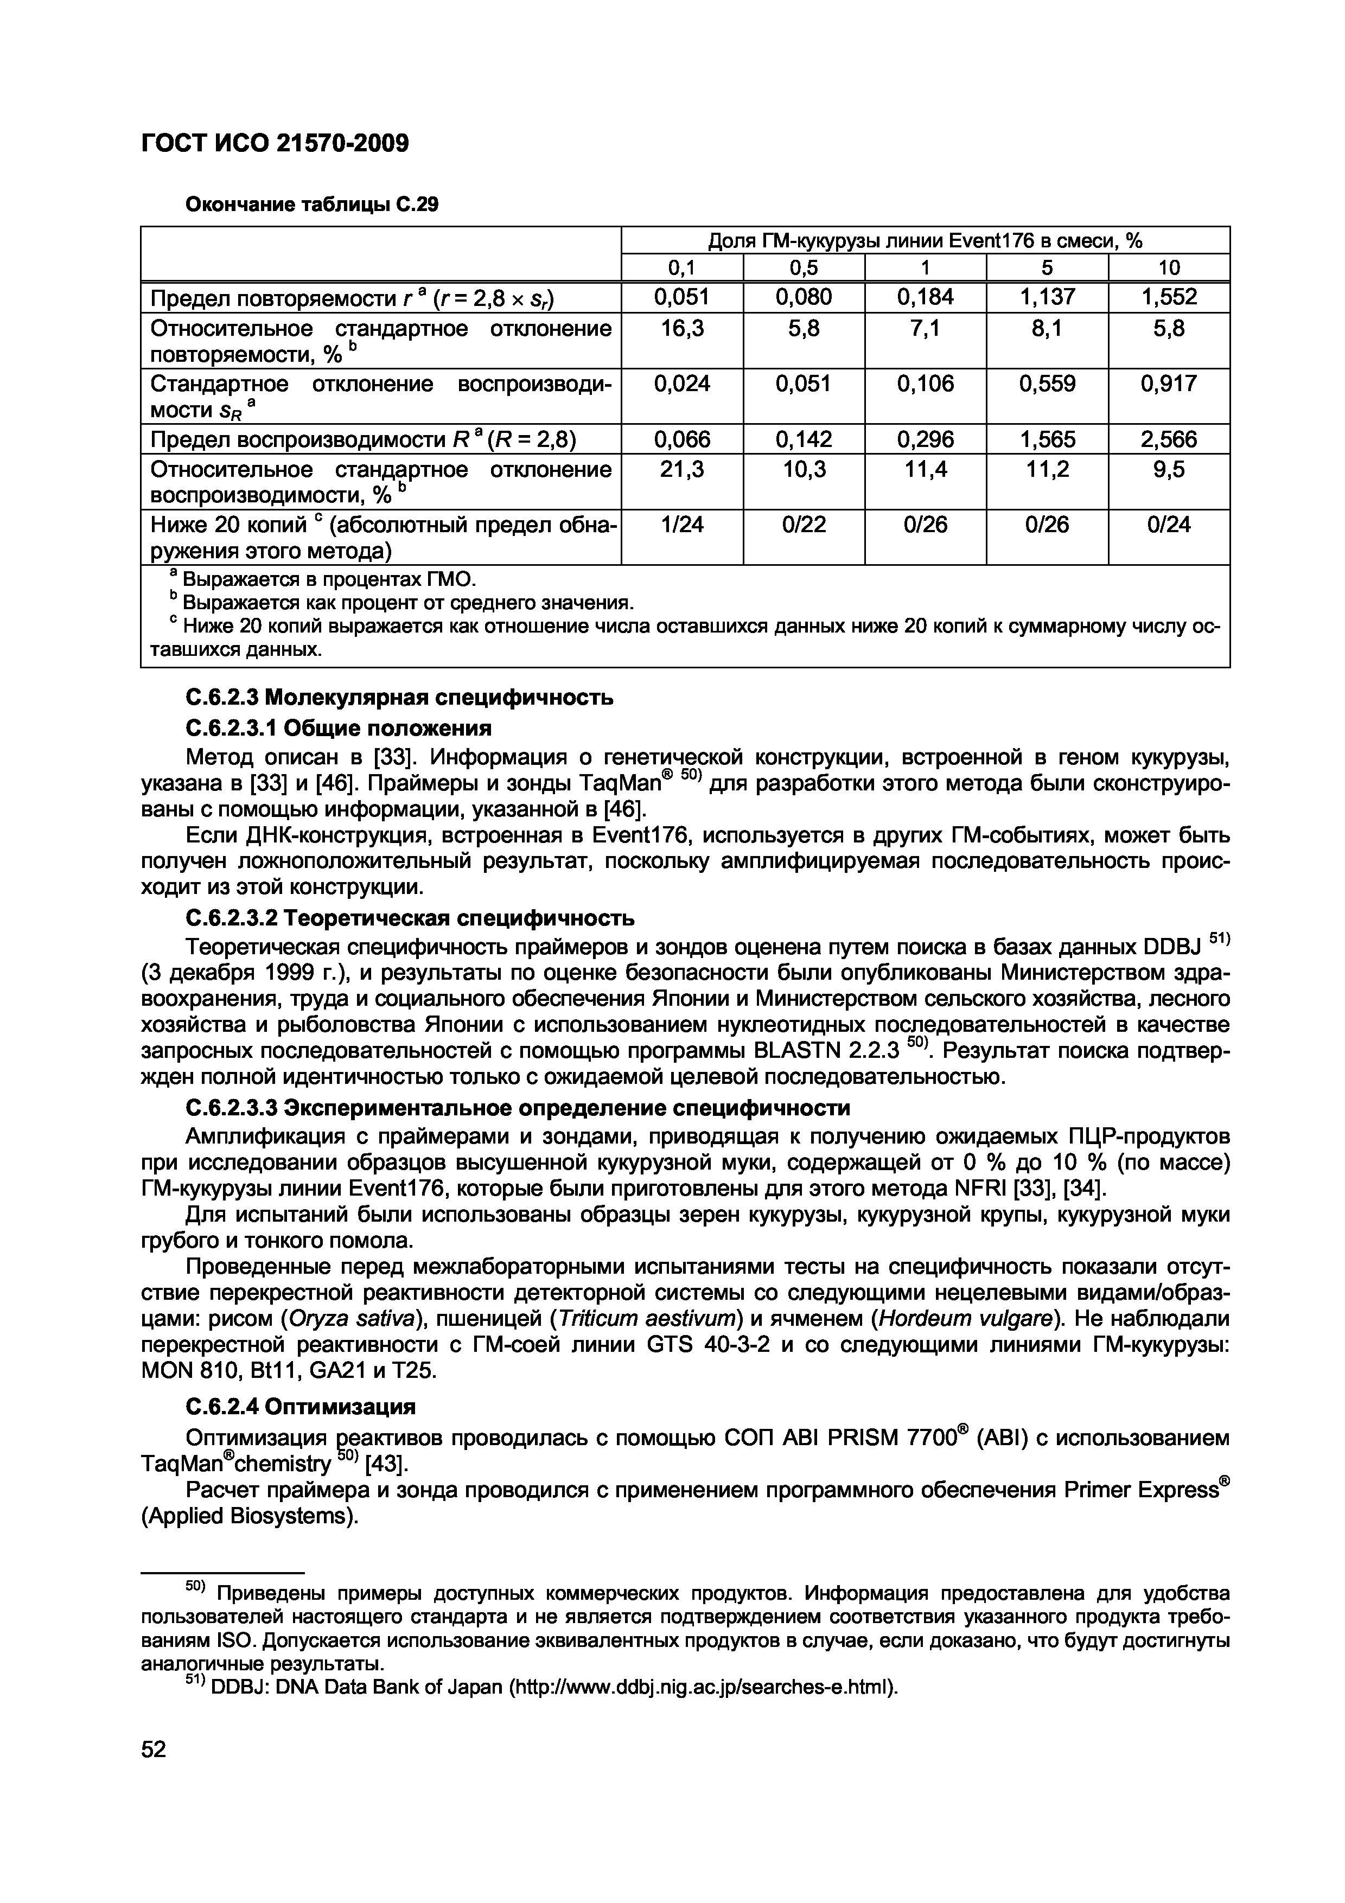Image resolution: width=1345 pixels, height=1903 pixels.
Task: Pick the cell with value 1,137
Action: pos(1047,297)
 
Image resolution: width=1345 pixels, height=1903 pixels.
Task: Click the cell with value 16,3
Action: pos(682,329)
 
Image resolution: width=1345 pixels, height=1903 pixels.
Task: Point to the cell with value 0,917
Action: pos(1169,384)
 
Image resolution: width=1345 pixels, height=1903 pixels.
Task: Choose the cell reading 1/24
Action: pos(682,525)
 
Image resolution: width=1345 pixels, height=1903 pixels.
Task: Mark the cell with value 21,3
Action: pos(682,470)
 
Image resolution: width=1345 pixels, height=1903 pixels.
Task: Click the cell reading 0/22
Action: pos(803,525)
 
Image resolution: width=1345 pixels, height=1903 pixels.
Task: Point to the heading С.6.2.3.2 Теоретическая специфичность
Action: pos(410,918)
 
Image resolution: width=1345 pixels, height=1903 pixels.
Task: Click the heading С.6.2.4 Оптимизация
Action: pos(300,1407)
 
